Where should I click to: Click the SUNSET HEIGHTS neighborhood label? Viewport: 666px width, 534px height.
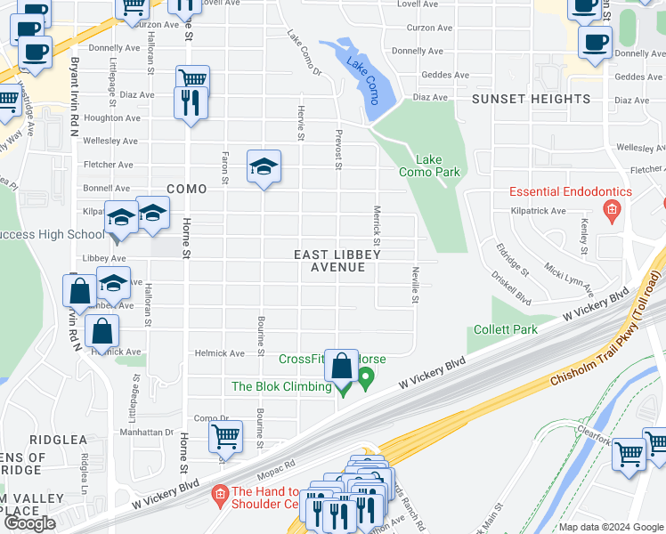[531, 99]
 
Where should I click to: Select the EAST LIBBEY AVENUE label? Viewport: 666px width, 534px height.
[337, 261]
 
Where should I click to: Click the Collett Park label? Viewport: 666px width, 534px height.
[506, 329]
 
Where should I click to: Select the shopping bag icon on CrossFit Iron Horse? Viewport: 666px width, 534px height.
[341, 365]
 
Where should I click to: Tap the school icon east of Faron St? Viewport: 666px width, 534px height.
[264, 166]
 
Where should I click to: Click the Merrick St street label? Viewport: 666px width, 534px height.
[377, 226]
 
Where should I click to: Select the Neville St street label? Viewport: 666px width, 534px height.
[415, 285]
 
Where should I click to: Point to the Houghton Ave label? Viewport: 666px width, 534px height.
[110, 117]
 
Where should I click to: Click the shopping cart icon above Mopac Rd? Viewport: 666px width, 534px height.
[226, 437]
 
